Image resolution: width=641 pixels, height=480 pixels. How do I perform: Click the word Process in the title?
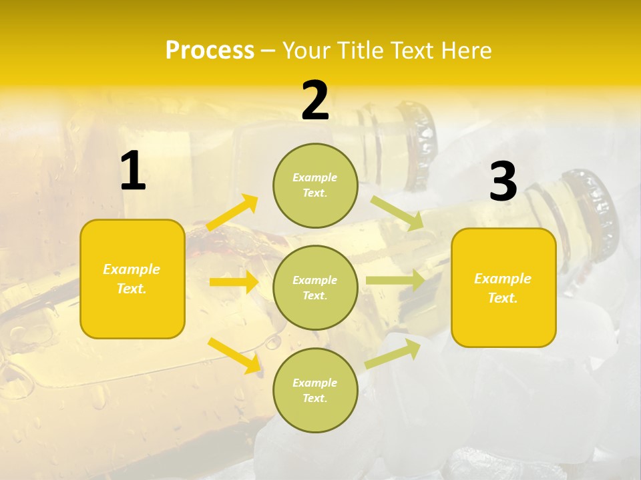click(210, 51)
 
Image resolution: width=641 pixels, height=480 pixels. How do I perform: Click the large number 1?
click(133, 171)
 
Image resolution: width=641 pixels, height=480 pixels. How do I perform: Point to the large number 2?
click(315, 101)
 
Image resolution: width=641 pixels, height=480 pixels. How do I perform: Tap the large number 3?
click(503, 182)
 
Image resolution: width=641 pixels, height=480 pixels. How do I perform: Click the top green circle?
click(315, 185)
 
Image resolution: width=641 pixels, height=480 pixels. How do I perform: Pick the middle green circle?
click(315, 287)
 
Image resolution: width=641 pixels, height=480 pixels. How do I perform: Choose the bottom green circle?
click(315, 390)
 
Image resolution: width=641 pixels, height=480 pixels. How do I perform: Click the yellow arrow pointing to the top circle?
click(232, 213)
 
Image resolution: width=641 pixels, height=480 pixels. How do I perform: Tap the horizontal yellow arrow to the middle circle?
click(234, 282)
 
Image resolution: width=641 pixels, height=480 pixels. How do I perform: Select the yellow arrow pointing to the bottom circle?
click(234, 355)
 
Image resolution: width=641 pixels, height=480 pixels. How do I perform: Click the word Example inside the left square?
click(132, 269)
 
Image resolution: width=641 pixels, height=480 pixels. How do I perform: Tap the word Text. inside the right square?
click(503, 298)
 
